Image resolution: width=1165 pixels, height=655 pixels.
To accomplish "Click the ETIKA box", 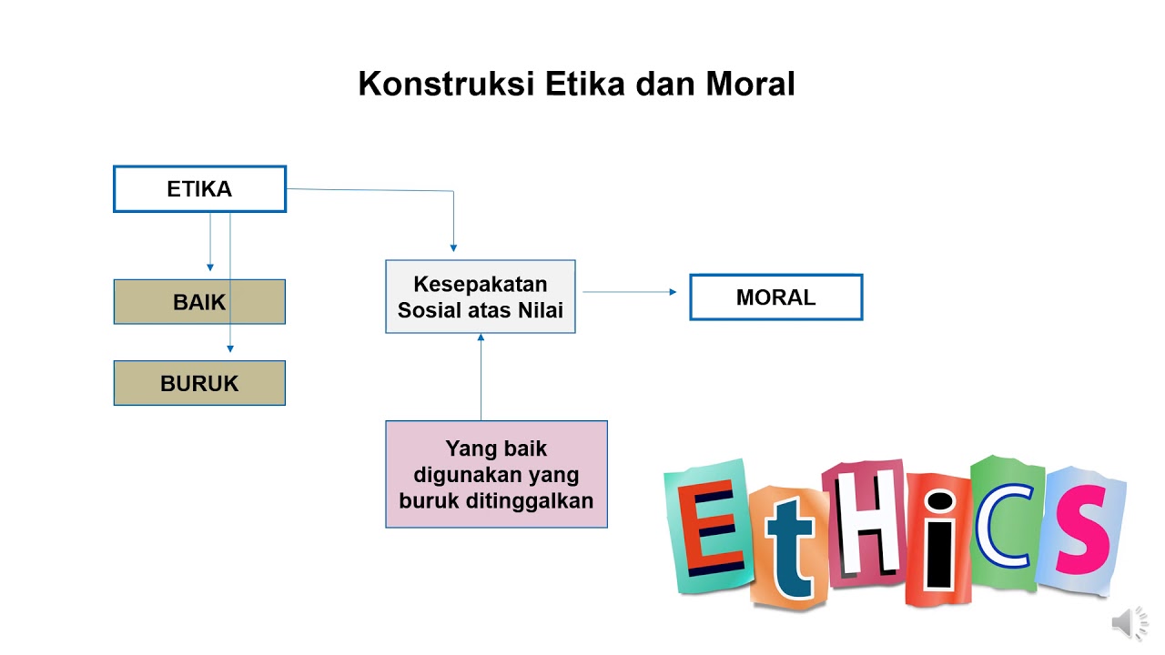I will point(199,189).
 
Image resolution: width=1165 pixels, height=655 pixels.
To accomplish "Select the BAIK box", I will point(199,302).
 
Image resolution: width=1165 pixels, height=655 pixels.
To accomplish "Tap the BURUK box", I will point(199,383).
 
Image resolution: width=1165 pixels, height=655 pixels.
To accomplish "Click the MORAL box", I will point(775,297).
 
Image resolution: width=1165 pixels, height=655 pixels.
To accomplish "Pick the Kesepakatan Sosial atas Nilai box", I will point(480,297).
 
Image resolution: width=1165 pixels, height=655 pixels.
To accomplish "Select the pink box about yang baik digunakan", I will point(496,474).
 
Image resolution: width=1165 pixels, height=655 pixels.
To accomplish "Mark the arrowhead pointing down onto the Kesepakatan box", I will point(453,247).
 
